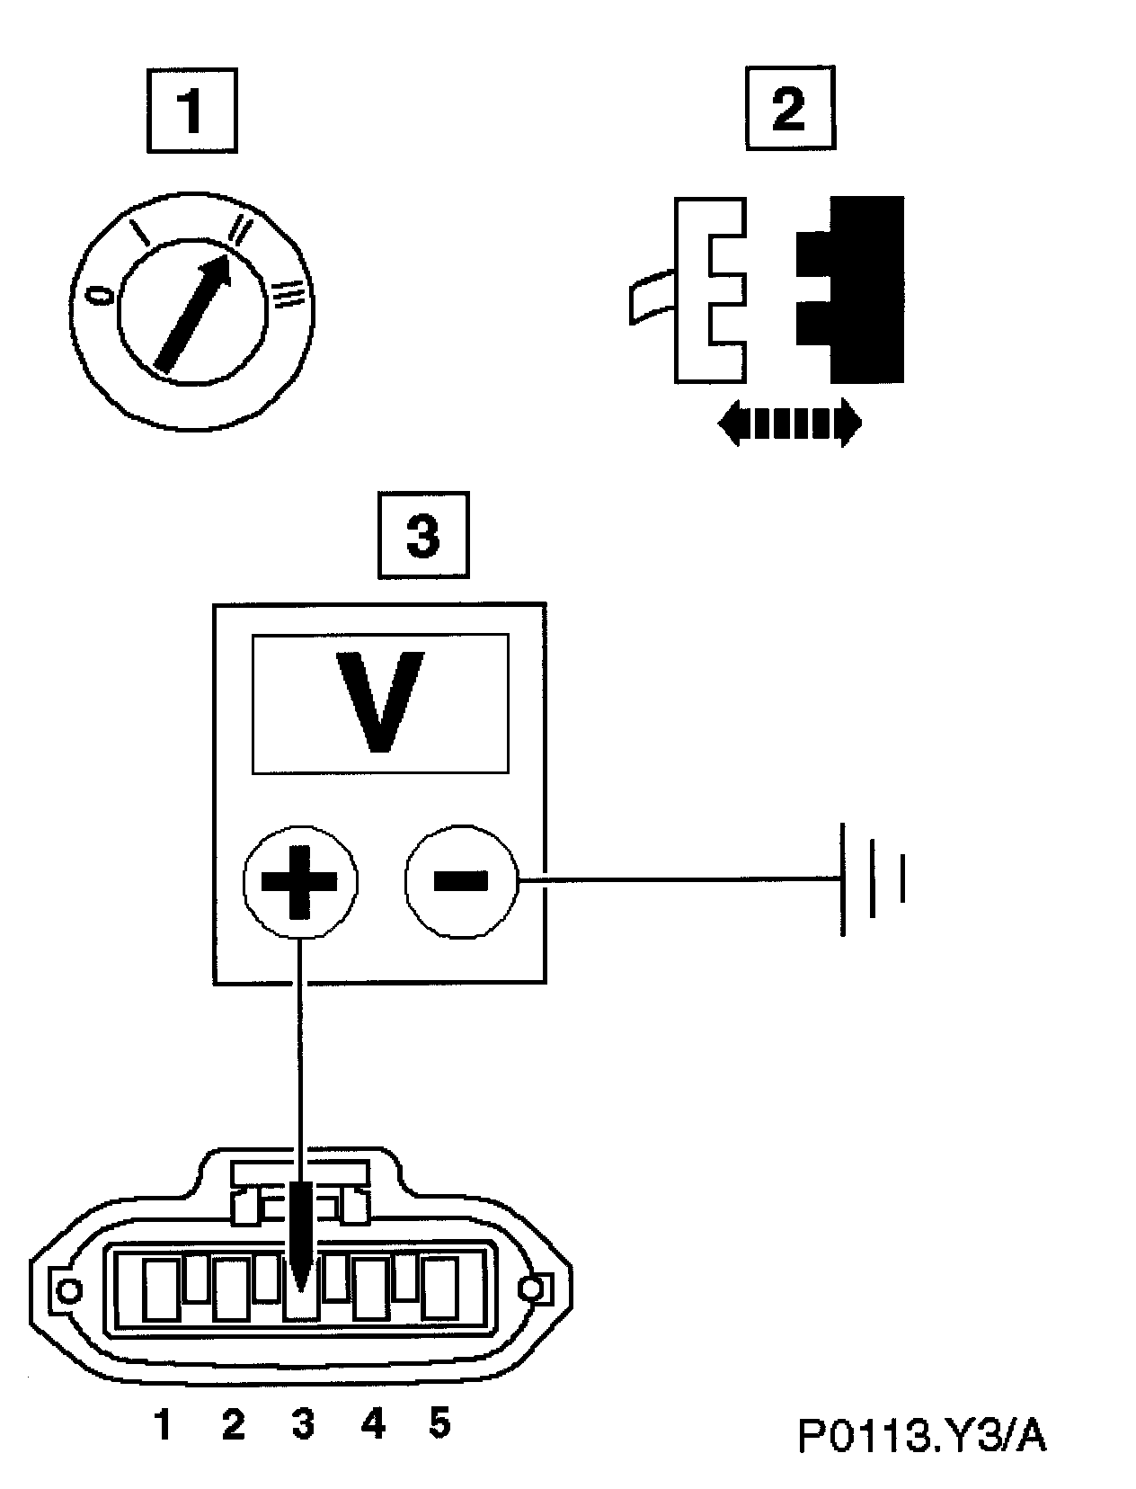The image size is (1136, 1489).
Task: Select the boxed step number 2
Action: pos(788,111)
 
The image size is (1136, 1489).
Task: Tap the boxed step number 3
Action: pos(423,536)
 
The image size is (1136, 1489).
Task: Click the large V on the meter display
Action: pos(380,702)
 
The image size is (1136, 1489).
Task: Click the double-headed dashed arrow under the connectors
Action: pos(789,423)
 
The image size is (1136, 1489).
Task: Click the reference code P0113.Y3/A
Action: pos(922,1435)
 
